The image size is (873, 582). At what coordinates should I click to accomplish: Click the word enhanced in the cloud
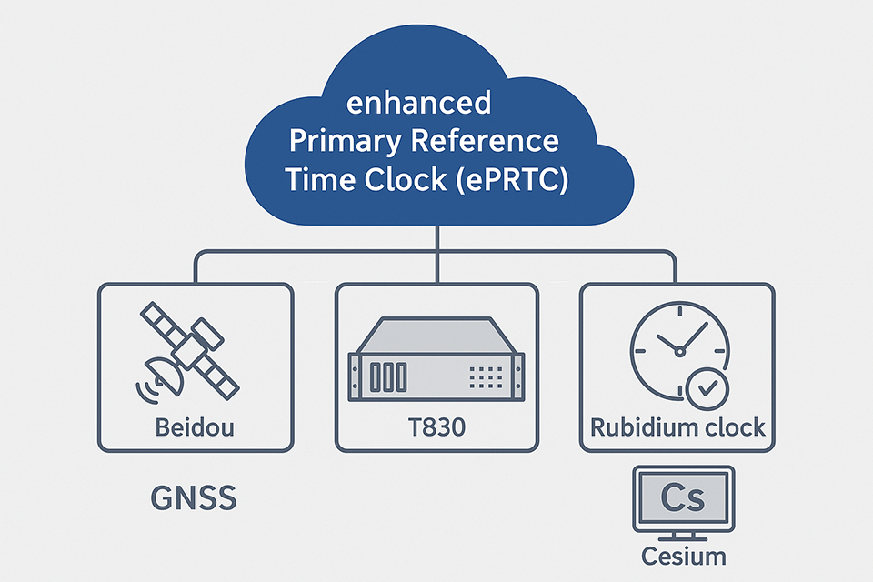419,103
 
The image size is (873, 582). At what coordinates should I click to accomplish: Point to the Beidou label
195,426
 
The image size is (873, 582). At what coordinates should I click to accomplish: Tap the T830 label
437,426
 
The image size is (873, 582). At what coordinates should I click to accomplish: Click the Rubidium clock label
677,426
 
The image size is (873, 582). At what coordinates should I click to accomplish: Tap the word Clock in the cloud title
404,179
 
